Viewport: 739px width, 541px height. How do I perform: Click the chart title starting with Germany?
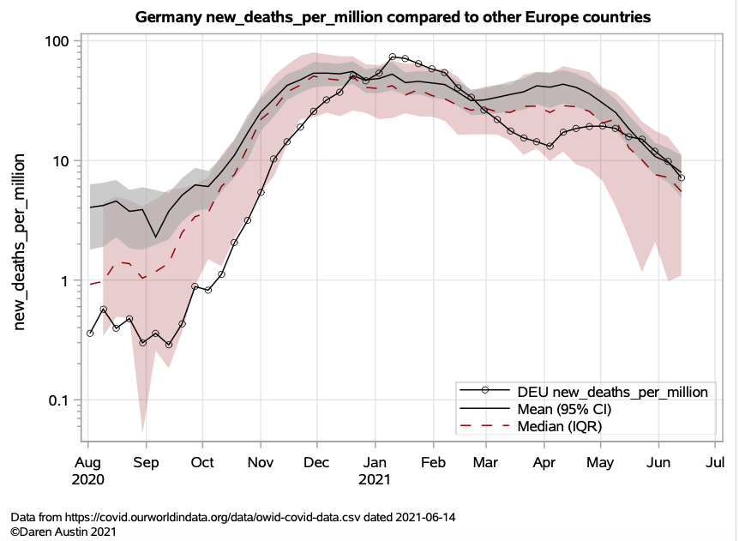(393, 17)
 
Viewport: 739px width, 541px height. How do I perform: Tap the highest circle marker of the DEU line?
(393, 57)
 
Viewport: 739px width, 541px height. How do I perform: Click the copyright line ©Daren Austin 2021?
(63, 532)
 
